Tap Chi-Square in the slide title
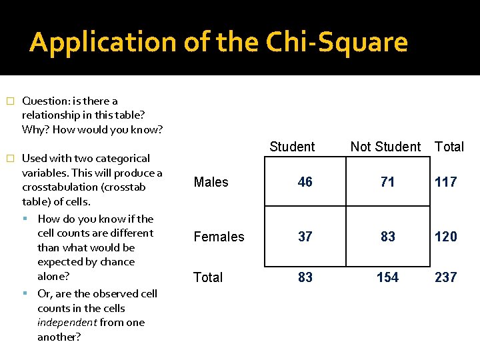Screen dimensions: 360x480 tap(337, 43)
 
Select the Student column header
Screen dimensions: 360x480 tap(292, 147)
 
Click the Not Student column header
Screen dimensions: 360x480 tap(385, 147)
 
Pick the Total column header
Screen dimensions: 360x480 tap(449, 147)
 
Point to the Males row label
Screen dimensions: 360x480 tap(211, 182)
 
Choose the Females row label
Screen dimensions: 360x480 tap(219, 237)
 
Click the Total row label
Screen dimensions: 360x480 tap(208, 277)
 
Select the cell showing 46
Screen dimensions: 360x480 tap(305, 182)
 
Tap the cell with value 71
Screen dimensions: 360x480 tap(388, 182)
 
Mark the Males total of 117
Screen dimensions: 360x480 tap(446, 182)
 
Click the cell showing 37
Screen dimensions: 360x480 tap(305, 237)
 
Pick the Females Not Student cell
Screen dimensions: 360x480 tap(388, 237)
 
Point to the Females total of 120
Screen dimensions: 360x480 tap(446, 237)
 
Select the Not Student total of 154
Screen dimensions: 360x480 tap(388, 277)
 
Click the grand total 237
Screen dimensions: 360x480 tap(446, 277)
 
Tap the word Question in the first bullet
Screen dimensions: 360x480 tap(43, 101)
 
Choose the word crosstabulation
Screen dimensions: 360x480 tap(65, 187)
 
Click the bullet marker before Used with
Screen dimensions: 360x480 tap(9, 159)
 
